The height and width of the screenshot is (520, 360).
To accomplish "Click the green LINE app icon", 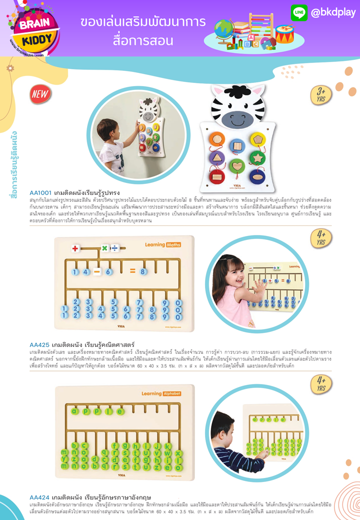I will (299, 12).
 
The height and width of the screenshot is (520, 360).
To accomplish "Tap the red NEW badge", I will (40, 93).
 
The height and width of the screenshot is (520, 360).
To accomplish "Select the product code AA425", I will (39, 345).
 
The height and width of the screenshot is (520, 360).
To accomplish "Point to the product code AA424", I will (39, 497).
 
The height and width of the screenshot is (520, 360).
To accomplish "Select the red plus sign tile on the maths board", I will (75, 248).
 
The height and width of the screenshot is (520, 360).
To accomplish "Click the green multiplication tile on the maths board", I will (105, 248).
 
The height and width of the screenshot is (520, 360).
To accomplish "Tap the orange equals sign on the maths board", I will (132, 271).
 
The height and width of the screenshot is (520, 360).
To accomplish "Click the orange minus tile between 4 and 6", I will (97, 271).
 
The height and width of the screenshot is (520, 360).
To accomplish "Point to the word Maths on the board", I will (173, 244).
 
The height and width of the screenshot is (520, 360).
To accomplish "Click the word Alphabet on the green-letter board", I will (172, 393).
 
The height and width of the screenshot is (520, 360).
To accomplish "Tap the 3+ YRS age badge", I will (321, 94).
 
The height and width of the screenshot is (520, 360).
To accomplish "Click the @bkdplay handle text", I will (333, 12).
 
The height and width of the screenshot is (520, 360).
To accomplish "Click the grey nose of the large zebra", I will (238, 118).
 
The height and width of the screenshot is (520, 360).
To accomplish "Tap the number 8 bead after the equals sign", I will (143, 271).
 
